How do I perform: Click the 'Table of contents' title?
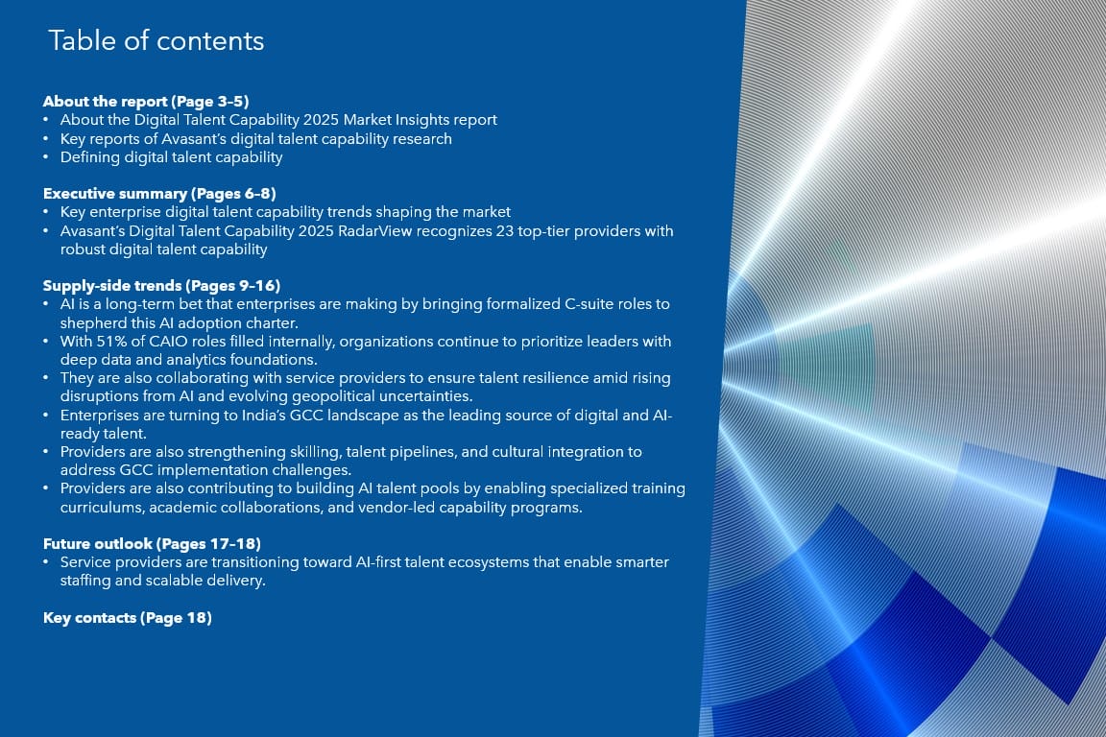[x=156, y=41]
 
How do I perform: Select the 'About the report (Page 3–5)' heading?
[x=146, y=101]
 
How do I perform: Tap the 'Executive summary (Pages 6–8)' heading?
[x=159, y=193]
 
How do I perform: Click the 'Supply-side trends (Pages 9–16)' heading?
[x=161, y=286]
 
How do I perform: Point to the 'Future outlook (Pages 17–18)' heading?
[x=152, y=544]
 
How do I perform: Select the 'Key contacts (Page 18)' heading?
[x=128, y=618]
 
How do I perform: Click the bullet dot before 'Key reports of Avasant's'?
[x=46, y=140]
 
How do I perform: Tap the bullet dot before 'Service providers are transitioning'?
[x=46, y=562]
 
